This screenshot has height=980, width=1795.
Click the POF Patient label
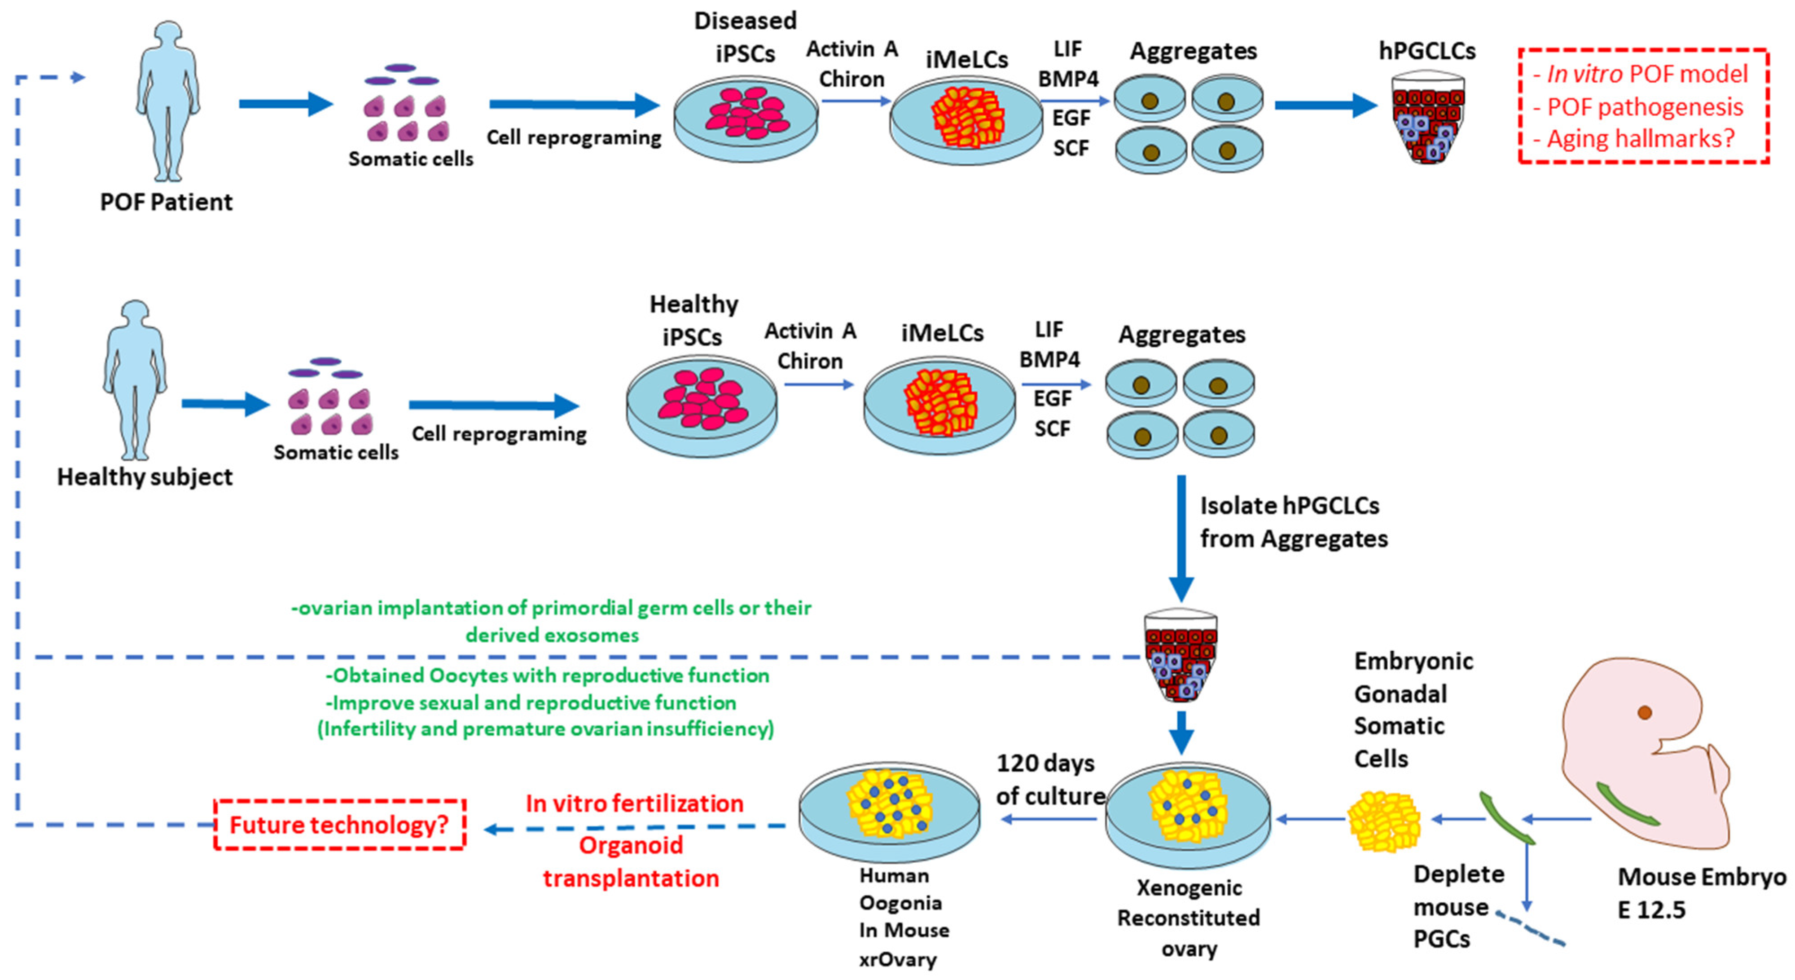166,202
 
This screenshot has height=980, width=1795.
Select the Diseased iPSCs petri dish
746,119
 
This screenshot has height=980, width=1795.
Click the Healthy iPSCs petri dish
701,408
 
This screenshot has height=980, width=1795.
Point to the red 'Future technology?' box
339,825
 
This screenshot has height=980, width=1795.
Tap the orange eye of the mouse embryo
1645,712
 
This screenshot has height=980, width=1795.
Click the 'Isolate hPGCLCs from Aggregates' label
1293,522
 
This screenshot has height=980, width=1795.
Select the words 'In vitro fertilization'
634,803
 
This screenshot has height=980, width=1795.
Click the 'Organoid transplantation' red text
631,861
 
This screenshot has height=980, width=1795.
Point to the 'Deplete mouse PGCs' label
1457,906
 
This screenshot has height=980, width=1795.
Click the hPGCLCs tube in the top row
1427,119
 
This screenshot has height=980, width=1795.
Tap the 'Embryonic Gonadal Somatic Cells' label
1413,710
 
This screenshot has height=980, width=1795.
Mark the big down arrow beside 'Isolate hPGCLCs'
1181,537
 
